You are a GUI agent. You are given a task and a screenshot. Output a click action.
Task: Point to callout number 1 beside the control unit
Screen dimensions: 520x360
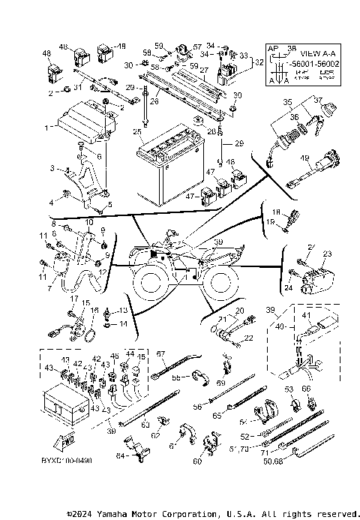pos(46,128)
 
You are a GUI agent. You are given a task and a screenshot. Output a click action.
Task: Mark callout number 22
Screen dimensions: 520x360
pos(249,338)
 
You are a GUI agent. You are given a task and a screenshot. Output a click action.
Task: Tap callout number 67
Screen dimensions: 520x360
pos(160,353)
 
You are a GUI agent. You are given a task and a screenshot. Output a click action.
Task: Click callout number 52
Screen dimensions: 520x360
pos(244,436)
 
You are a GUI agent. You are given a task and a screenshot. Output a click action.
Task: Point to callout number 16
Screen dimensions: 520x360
pos(94,310)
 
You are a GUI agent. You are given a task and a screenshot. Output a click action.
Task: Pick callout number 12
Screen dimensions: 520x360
pos(103,272)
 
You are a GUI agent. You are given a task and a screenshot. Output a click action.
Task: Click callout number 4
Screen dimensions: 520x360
pos(52,203)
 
